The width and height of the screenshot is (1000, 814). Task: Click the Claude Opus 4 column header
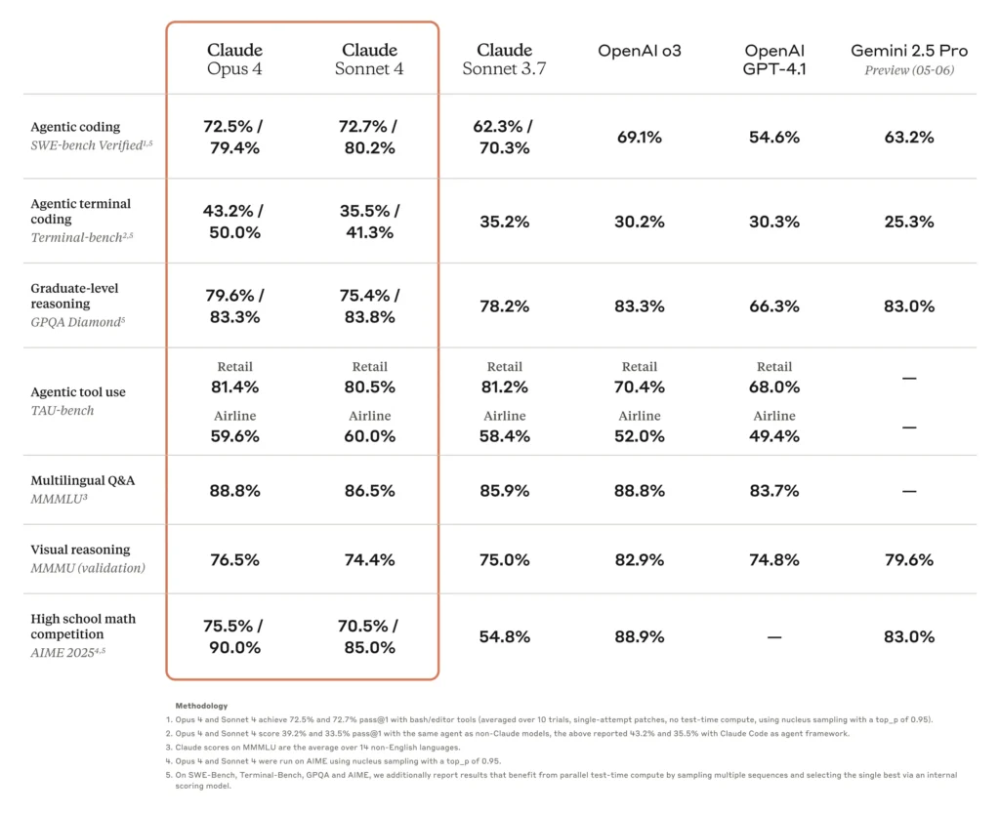(234, 59)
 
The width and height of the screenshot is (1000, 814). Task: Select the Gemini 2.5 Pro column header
(908, 59)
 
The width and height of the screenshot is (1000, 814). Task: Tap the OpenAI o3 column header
(640, 50)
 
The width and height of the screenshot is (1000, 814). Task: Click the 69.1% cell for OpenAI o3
(640, 138)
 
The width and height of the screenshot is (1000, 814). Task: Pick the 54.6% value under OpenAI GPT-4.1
(774, 138)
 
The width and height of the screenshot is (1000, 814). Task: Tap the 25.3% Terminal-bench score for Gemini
(908, 222)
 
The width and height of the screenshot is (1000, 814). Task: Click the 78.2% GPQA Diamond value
(504, 305)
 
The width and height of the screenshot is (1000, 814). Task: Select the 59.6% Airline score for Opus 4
(234, 436)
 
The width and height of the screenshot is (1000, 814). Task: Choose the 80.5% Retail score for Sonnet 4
(369, 387)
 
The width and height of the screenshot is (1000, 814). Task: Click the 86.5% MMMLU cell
(369, 491)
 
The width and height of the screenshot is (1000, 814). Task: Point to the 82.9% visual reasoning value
(640, 560)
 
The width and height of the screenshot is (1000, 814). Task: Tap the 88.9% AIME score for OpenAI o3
(640, 637)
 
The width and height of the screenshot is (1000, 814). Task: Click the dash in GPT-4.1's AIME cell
(774, 637)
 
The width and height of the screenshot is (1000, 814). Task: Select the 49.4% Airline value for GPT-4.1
(774, 436)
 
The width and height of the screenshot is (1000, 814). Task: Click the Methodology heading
(201, 705)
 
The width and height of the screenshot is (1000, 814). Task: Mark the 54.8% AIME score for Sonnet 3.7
(504, 637)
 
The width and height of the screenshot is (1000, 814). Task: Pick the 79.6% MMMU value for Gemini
(908, 560)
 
